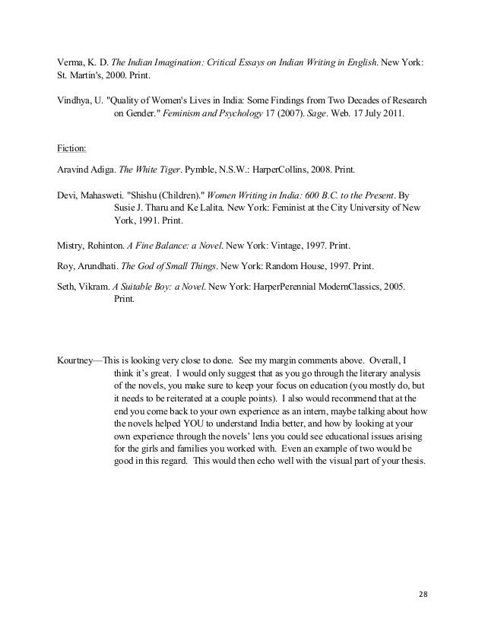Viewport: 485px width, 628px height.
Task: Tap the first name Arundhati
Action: (105, 268)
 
